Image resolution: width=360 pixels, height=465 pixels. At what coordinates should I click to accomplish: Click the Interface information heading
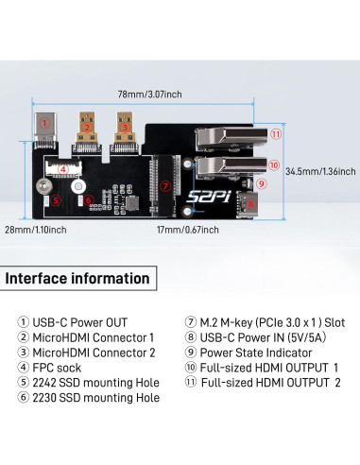[77, 279]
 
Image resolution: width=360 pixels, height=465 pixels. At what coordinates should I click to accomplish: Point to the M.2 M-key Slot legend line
[262, 322]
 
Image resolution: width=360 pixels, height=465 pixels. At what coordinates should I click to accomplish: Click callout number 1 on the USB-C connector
[46, 123]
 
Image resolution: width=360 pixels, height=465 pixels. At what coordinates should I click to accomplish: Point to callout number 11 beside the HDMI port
[276, 134]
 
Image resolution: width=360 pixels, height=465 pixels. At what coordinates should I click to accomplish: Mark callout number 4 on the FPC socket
[63, 170]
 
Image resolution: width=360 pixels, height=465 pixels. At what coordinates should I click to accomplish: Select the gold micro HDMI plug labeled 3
[122, 126]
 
